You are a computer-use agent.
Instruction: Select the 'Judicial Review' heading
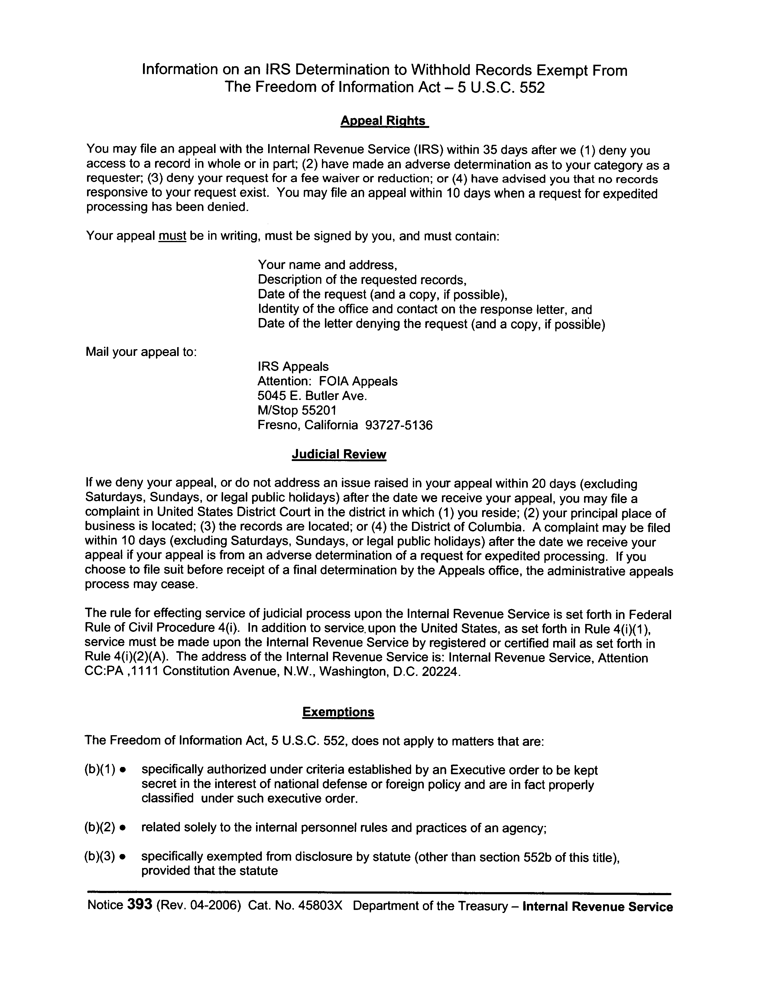[x=339, y=454]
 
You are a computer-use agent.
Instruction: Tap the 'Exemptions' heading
[x=338, y=712]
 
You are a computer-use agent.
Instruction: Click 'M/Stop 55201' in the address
[x=297, y=411]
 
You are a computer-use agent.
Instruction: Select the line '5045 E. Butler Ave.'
[x=312, y=396]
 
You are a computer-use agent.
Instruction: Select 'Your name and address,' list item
[x=327, y=265]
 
